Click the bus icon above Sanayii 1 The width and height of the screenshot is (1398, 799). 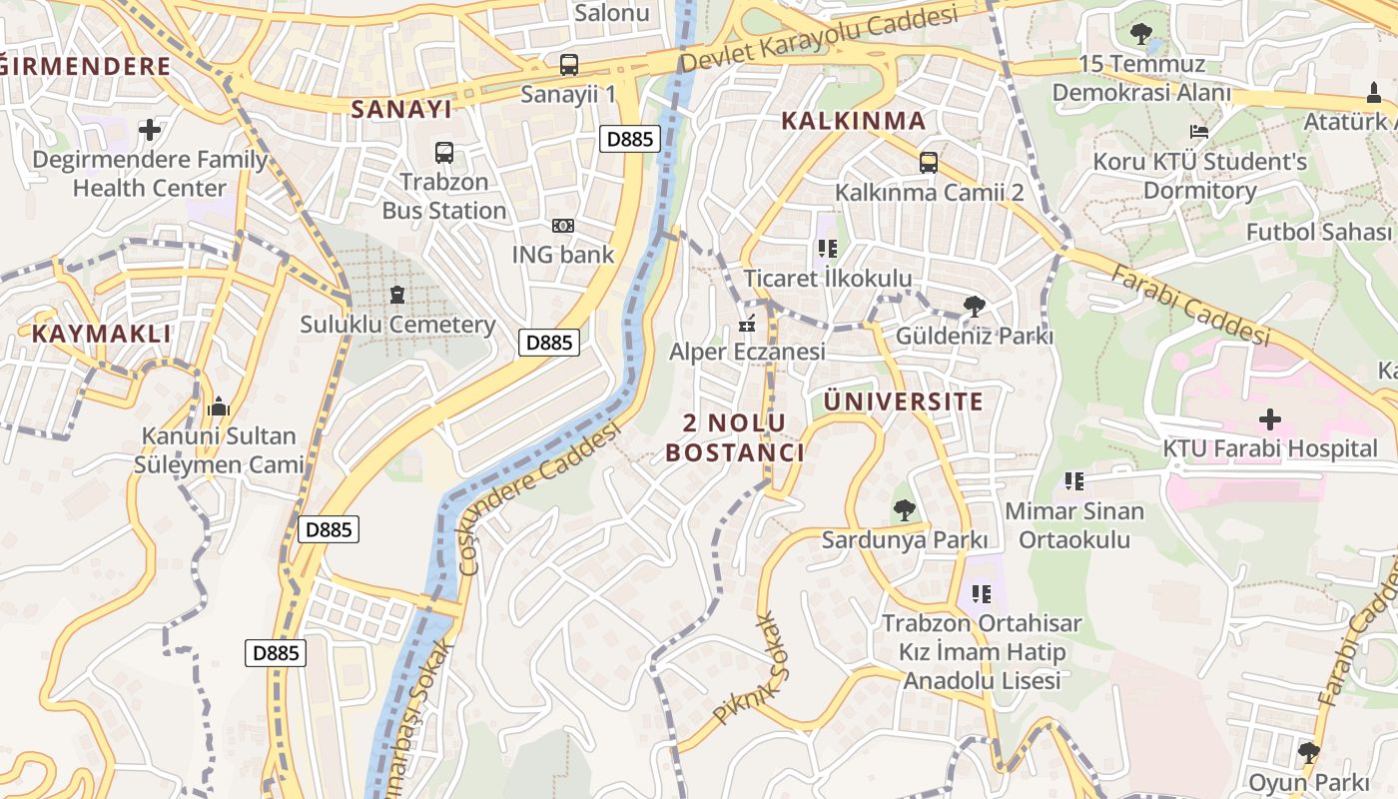pyautogui.click(x=568, y=65)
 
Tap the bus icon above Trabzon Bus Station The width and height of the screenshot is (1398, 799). pyautogui.click(x=444, y=153)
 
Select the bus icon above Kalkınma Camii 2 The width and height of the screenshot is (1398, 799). pyautogui.click(x=929, y=162)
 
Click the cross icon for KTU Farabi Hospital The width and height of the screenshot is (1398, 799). pyautogui.click(x=1270, y=418)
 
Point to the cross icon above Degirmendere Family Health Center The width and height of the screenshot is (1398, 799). pyautogui.click(x=150, y=130)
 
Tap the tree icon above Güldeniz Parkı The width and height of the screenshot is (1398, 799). pyautogui.click(x=974, y=307)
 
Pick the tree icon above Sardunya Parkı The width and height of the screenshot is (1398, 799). pyautogui.click(x=904, y=510)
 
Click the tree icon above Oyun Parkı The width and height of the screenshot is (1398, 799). pyautogui.click(x=1308, y=752)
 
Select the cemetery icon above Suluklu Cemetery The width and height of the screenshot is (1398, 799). pyautogui.click(x=397, y=295)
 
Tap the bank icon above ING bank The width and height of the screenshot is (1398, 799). pyautogui.click(x=563, y=226)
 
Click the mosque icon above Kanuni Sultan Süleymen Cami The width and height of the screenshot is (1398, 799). pyautogui.click(x=218, y=406)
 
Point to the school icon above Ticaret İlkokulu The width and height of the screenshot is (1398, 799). pyautogui.click(x=827, y=249)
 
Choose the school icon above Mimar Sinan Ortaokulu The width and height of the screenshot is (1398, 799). pyautogui.click(x=1074, y=481)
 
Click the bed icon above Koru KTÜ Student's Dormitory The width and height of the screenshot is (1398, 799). pyautogui.click(x=1199, y=132)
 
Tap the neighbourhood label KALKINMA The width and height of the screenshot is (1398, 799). pyautogui.click(x=853, y=121)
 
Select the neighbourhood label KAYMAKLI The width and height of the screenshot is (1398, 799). pyautogui.click(x=102, y=334)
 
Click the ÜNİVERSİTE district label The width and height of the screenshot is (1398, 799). pyautogui.click(x=904, y=401)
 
